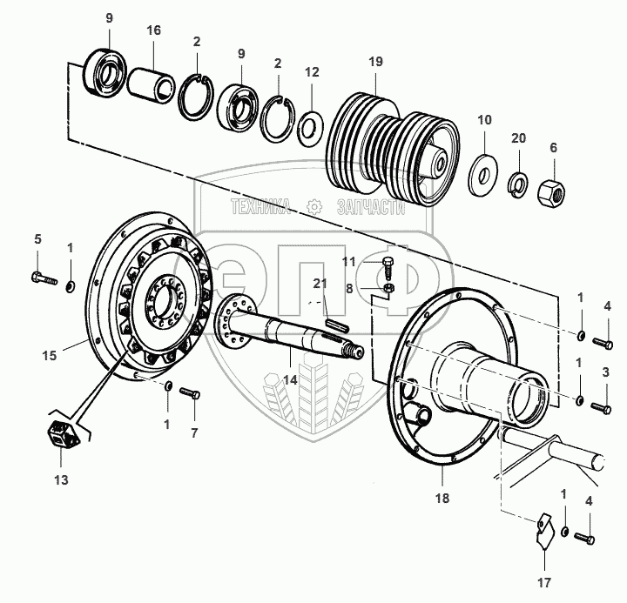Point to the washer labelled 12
(308, 130)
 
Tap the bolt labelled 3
(601, 405)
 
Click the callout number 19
(374, 61)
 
